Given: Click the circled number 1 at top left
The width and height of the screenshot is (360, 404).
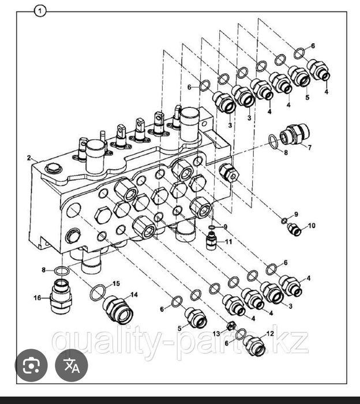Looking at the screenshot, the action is pyautogui.click(x=40, y=12).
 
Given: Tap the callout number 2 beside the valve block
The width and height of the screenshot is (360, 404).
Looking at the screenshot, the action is pyautogui.click(x=29, y=158).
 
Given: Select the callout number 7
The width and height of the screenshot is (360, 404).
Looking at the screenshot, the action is pyautogui.click(x=310, y=147).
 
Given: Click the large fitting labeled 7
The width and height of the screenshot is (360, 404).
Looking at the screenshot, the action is pyautogui.click(x=295, y=134).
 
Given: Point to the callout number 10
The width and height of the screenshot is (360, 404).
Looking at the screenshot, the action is pyautogui.click(x=312, y=226).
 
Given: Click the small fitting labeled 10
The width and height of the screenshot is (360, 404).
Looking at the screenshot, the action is pyautogui.click(x=294, y=229).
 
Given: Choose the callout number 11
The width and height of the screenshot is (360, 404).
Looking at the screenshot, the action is pyautogui.click(x=228, y=242).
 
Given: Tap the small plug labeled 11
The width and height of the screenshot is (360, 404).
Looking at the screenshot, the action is pyautogui.click(x=212, y=241).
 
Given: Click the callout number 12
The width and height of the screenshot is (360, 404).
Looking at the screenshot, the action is pyautogui.click(x=270, y=334).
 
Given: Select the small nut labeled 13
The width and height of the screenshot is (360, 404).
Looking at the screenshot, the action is pyautogui.click(x=231, y=326).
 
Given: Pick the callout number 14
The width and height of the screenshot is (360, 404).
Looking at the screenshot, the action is pyautogui.click(x=134, y=294).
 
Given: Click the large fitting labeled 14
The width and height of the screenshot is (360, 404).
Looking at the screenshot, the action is pyautogui.click(x=118, y=311).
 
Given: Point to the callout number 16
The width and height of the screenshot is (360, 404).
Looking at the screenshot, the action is pyautogui.click(x=37, y=298).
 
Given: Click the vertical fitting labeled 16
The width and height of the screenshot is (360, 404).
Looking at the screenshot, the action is pyautogui.click(x=61, y=296).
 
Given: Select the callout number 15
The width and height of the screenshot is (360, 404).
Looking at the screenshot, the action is pyautogui.click(x=117, y=284).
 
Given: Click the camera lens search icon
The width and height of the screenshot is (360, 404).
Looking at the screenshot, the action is pyautogui.click(x=31, y=365).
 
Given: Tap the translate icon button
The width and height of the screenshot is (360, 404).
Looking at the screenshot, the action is pyautogui.click(x=72, y=365).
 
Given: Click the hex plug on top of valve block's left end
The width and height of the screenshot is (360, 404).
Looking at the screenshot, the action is pyautogui.click(x=54, y=169).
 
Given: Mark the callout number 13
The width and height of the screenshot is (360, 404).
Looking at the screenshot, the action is pyautogui.click(x=216, y=334).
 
